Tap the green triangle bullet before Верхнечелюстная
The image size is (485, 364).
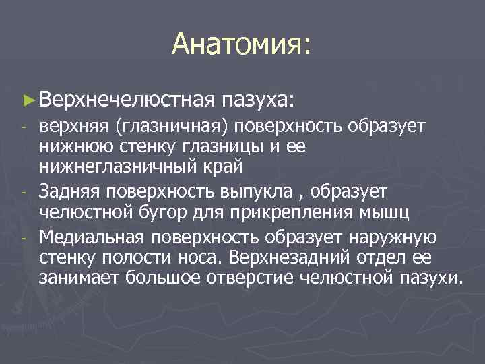point(28,99)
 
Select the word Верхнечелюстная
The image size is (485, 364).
point(126,99)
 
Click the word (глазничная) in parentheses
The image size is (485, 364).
point(164,126)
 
